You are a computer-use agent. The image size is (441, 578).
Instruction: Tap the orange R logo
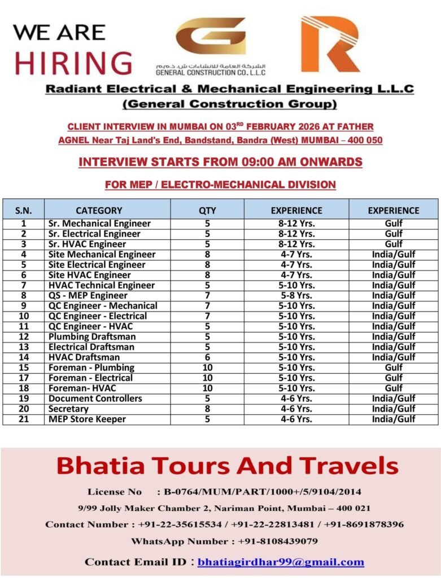coord(330,44)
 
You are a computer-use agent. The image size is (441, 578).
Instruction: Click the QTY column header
coord(207,211)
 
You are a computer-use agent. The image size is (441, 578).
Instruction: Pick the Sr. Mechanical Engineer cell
coord(99,224)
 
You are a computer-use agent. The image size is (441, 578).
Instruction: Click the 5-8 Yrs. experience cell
coord(296,295)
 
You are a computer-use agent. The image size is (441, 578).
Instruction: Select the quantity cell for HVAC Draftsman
coord(207,357)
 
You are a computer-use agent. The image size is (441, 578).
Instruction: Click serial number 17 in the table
coord(23,378)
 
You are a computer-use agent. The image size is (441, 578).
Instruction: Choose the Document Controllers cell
coord(95,399)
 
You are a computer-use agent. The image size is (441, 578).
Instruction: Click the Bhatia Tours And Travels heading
coord(228,466)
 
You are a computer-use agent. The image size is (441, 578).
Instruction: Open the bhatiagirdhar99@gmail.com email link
coord(281,562)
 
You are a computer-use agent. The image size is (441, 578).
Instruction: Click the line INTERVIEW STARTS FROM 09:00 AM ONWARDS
coord(220,162)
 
